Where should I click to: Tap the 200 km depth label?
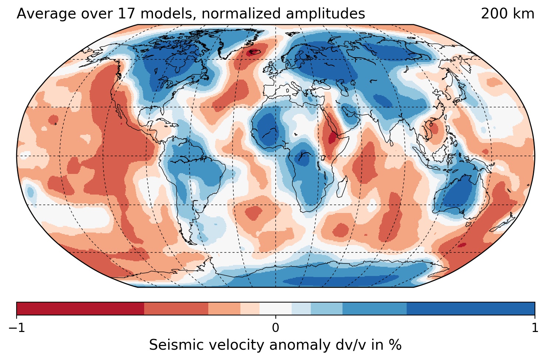point(507,14)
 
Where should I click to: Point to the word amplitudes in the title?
point(327,14)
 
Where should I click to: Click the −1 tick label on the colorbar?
point(17,328)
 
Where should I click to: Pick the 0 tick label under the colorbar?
point(275,328)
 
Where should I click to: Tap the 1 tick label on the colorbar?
point(535,328)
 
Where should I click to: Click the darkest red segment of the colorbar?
point(80,308)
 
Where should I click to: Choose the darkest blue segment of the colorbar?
point(470,308)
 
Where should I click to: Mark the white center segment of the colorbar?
point(275,308)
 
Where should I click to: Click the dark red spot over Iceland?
point(254,52)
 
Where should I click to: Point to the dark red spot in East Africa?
point(332,138)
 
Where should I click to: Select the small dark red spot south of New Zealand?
point(461,245)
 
